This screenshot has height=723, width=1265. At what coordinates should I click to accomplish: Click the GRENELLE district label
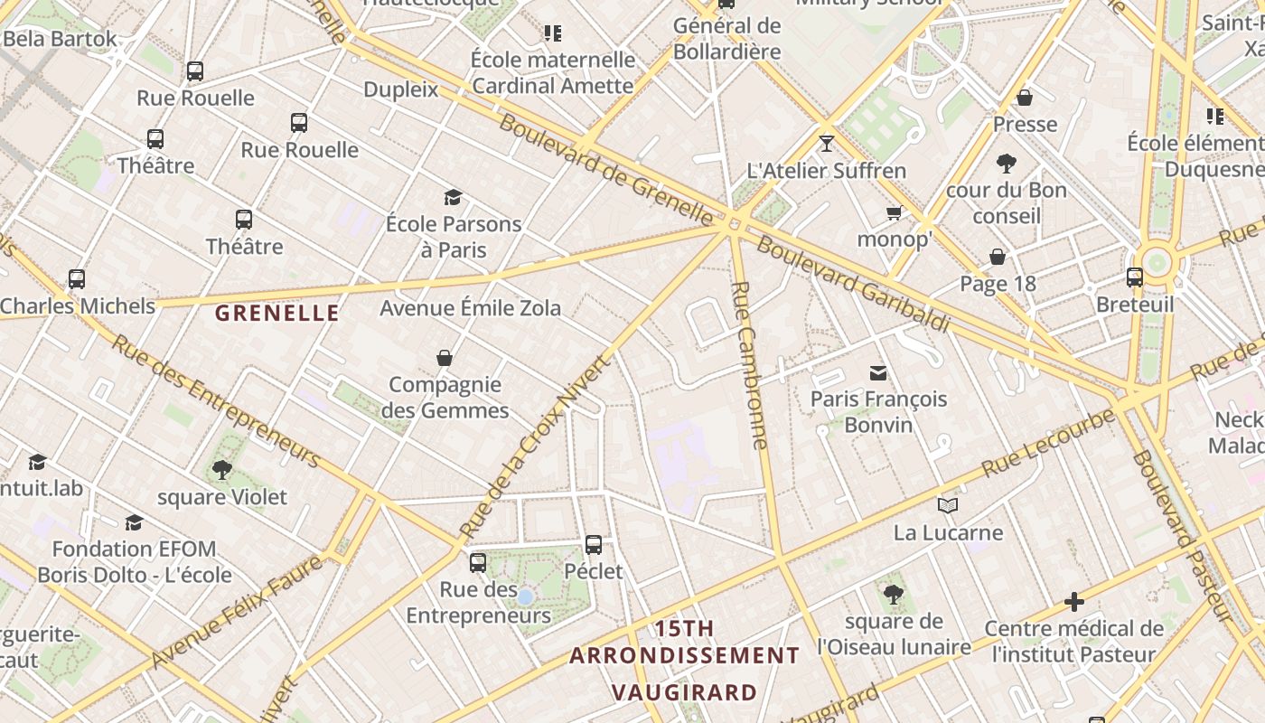pyautogui.click(x=277, y=314)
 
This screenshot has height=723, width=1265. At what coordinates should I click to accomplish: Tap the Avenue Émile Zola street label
pyautogui.click(x=470, y=308)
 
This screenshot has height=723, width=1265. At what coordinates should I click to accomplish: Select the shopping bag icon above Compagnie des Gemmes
pyautogui.click(x=445, y=358)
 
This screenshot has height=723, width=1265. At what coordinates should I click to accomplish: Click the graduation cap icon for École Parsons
pyautogui.click(x=453, y=197)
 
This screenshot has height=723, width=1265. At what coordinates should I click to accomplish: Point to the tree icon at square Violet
pyautogui.click(x=221, y=470)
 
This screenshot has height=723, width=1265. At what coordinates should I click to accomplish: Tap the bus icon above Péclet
pyautogui.click(x=594, y=545)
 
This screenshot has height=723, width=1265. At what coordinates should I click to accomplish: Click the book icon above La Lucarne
pyautogui.click(x=947, y=505)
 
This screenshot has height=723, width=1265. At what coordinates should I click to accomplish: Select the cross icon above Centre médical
pyautogui.click(x=1073, y=601)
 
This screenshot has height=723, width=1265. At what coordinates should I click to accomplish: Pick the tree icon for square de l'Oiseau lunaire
pyautogui.click(x=894, y=594)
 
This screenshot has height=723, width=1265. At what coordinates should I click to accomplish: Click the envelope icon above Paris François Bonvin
pyautogui.click(x=877, y=372)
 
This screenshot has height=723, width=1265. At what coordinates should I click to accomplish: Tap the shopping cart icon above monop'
pyautogui.click(x=895, y=213)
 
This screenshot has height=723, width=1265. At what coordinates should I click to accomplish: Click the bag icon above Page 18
pyautogui.click(x=998, y=258)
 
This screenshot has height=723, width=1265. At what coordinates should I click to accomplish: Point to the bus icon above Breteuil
pyautogui.click(x=1135, y=277)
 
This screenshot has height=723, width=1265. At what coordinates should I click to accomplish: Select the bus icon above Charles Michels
pyautogui.click(x=77, y=279)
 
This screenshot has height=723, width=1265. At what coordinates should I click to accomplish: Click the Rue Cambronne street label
pyautogui.click(x=750, y=365)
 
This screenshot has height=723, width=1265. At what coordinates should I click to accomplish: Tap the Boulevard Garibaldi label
pyautogui.click(x=853, y=284)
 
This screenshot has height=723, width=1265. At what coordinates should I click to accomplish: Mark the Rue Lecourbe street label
pyautogui.click(x=1049, y=443)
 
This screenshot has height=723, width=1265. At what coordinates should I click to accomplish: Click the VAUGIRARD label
pyautogui.click(x=684, y=693)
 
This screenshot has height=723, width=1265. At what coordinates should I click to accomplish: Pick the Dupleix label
pyautogui.click(x=400, y=89)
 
